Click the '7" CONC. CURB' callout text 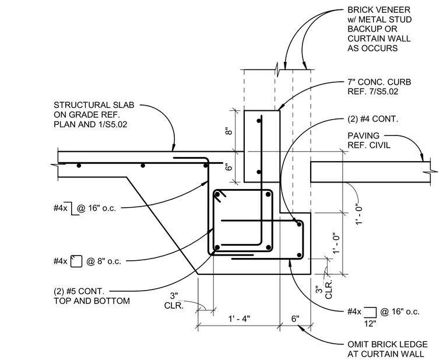tap(379, 82)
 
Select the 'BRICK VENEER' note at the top tap(379, 10)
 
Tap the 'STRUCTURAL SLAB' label tap(94, 105)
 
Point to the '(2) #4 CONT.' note tap(372, 119)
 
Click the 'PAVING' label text tap(363, 135)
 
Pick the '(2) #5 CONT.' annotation tap(79, 291)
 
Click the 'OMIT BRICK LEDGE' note tap(388, 344)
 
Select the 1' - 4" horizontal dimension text tap(239, 319)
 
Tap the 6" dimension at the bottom tap(296, 319)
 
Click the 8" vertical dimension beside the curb tap(228, 131)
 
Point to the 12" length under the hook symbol tap(370, 323)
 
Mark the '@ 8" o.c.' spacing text tap(103, 261)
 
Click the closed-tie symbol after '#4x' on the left tap(76, 261)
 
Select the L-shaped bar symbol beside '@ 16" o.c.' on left tap(74, 208)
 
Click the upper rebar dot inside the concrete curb tap(259, 121)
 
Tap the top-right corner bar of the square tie tap(268, 194)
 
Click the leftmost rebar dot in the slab tap(79, 166)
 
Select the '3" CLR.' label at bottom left tap(174, 300)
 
